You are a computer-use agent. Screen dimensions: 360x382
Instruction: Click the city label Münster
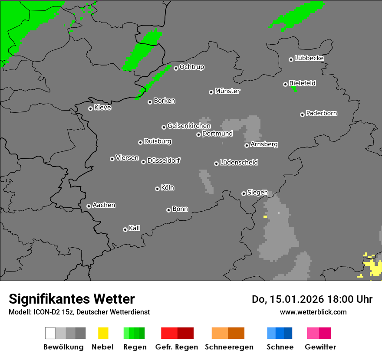click(x=227, y=91)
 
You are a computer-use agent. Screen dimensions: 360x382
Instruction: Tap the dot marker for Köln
click(x=157, y=189)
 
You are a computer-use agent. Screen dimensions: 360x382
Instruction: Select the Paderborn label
click(x=321, y=113)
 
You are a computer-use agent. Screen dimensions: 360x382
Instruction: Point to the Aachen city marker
click(x=89, y=206)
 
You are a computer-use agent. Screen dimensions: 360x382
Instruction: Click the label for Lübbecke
click(x=309, y=58)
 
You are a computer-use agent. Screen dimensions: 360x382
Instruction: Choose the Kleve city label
click(x=102, y=108)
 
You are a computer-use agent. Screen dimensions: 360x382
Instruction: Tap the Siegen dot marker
click(x=244, y=193)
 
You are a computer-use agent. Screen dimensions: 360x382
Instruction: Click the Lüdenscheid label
click(x=239, y=163)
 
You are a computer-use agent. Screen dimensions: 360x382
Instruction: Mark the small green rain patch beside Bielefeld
click(x=294, y=89)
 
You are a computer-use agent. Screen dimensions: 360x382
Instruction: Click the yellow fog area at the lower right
click(x=373, y=267)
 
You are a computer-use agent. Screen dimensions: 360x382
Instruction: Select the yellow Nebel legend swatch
click(x=103, y=333)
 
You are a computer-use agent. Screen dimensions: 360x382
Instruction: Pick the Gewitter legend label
click(x=320, y=347)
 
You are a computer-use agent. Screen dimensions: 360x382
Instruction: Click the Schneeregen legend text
click(x=229, y=347)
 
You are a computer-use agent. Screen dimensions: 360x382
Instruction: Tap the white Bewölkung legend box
click(x=50, y=333)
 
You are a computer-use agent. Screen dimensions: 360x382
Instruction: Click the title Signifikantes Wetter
click(x=72, y=299)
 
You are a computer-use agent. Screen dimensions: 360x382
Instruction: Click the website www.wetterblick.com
click(x=313, y=312)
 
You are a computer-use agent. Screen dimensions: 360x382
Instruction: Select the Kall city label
click(x=134, y=228)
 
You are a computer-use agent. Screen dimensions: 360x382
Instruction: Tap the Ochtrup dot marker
click(x=176, y=68)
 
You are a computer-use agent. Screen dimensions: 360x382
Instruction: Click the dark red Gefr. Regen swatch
click(x=185, y=333)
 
